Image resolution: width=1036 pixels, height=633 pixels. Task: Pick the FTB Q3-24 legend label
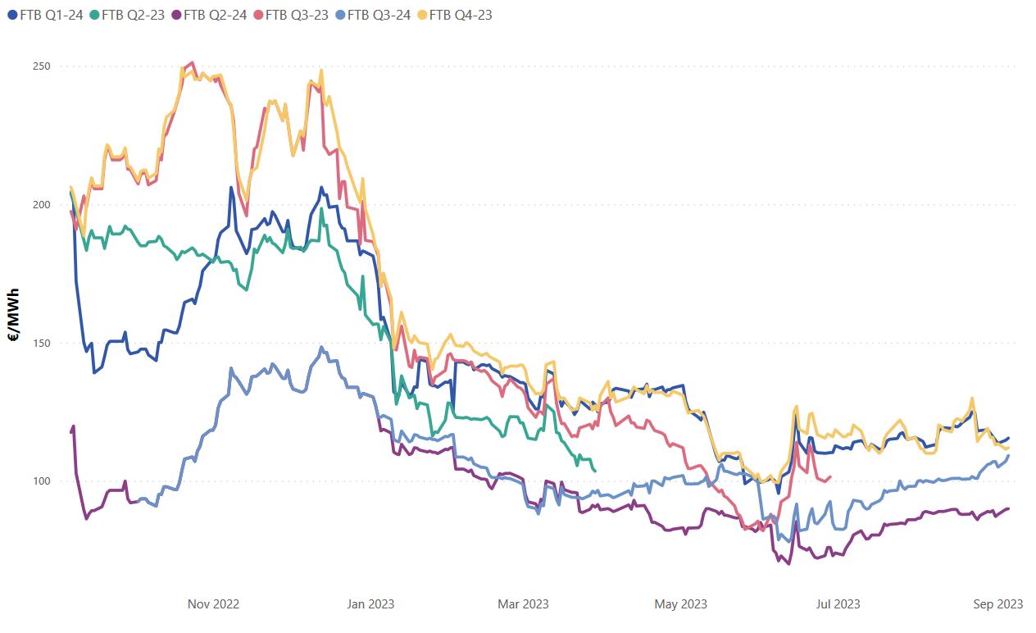[382, 14]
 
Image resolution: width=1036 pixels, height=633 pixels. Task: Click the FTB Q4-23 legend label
[461, 14]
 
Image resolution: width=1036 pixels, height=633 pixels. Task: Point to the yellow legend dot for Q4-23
[422, 14]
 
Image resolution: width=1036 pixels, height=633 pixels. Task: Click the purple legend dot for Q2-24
[177, 14]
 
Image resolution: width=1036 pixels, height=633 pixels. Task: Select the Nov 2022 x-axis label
[213, 604]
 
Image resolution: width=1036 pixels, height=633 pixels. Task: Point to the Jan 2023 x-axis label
[370, 604]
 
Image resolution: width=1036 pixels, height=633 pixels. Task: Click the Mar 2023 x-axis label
[524, 604]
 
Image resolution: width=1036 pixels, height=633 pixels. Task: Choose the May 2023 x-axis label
[680, 604]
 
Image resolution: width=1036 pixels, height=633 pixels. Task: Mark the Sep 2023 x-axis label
[997, 604]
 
